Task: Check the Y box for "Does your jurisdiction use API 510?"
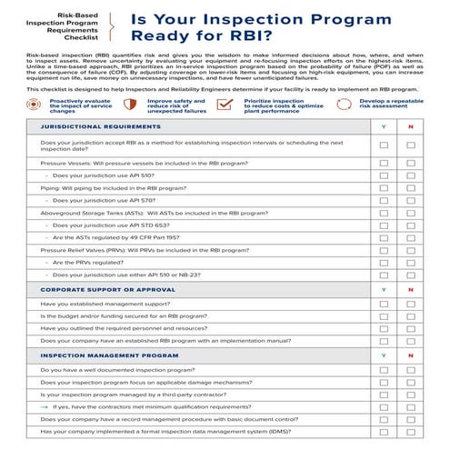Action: click(384, 175)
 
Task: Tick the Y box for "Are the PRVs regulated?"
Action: click(384, 262)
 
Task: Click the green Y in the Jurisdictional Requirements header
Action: click(384, 126)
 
